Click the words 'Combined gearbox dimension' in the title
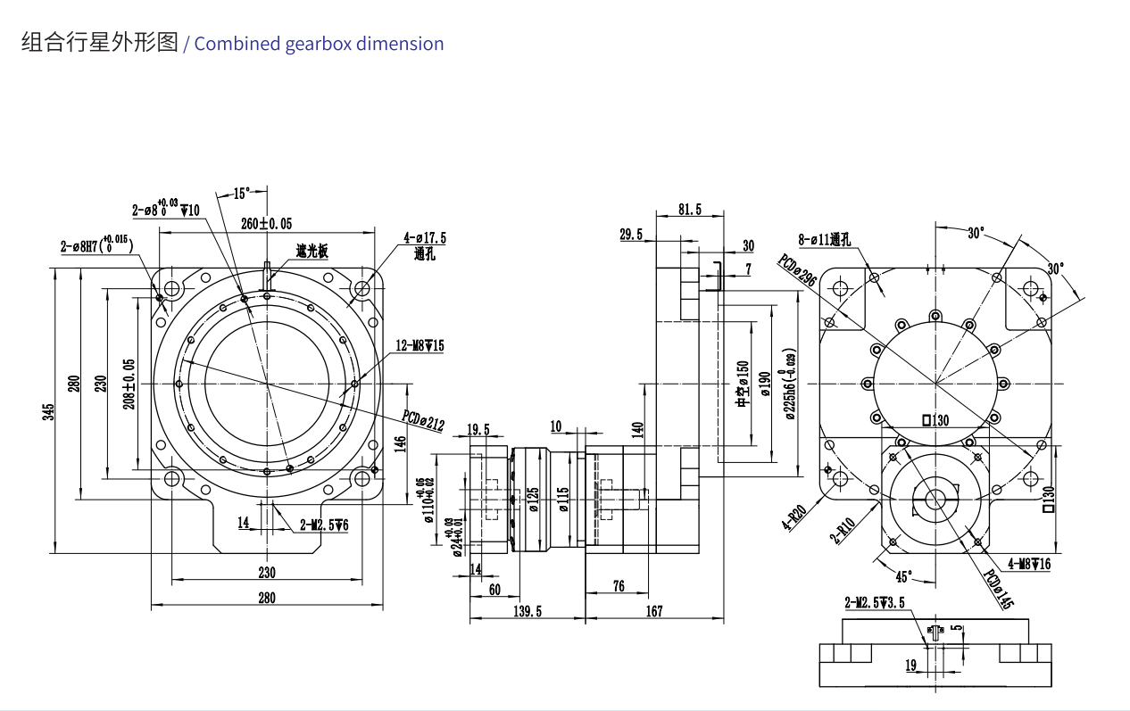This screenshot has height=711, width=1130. [319, 44]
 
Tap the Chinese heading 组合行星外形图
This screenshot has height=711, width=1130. [99, 43]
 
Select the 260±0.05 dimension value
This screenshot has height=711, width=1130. [267, 223]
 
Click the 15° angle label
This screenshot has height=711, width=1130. [242, 193]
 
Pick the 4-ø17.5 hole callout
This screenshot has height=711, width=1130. [424, 238]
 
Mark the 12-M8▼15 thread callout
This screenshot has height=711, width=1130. [420, 345]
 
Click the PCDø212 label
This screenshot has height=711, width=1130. [422, 420]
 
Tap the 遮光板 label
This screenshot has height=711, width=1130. [312, 252]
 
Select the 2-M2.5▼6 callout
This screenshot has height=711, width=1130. [324, 525]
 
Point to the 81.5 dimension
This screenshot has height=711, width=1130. [690, 210]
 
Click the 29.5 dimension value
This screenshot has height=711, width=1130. [631, 235]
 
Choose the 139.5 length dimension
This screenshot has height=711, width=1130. [527, 611]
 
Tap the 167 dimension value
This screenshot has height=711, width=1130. [653, 611]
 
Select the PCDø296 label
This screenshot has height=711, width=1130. [797, 270]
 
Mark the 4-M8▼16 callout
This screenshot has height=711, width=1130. [1029, 564]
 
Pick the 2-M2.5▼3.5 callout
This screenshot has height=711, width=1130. [874, 602]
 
